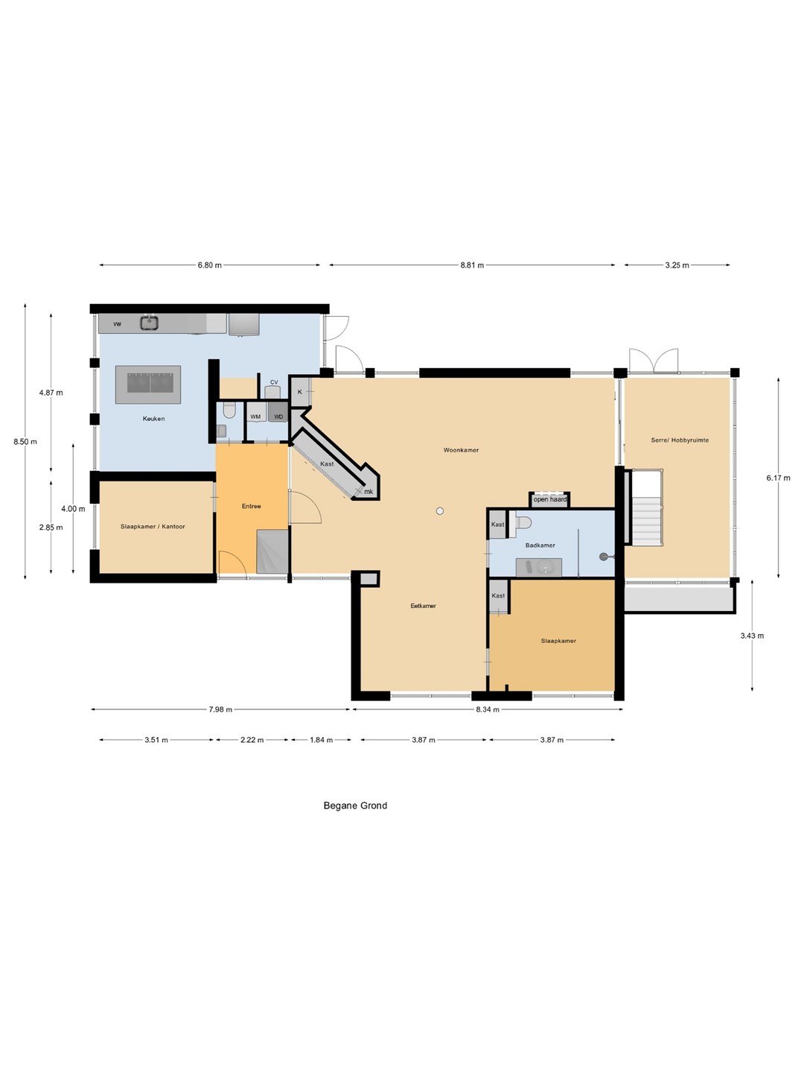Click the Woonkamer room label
(x=461, y=450)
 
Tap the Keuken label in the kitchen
(x=153, y=419)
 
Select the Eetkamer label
(x=424, y=606)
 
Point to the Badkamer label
(x=540, y=545)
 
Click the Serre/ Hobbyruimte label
(x=680, y=440)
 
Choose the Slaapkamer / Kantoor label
(x=153, y=527)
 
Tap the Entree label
(x=252, y=506)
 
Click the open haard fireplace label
(x=549, y=499)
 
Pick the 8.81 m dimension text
(x=472, y=265)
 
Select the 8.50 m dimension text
(x=25, y=441)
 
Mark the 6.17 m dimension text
(x=778, y=478)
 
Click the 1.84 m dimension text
(x=321, y=740)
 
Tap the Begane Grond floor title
(x=355, y=805)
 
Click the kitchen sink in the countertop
(x=149, y=322)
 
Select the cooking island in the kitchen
(x=148, y=384)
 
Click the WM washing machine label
(x=255, y=417)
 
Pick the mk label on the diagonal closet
(x=368, y=491)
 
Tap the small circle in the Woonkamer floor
(x=440, y=511)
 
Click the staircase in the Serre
(x=648, y=507)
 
